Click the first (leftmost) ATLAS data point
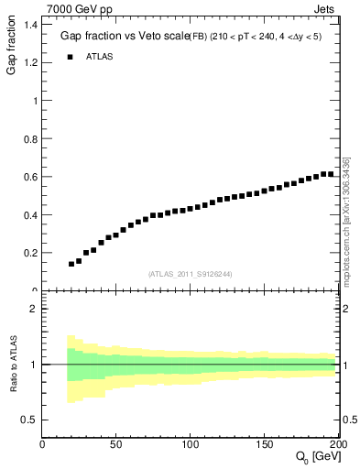coord(71,264)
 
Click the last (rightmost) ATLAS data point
coord(331,174)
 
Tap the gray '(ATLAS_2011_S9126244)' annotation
coord(191,273)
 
